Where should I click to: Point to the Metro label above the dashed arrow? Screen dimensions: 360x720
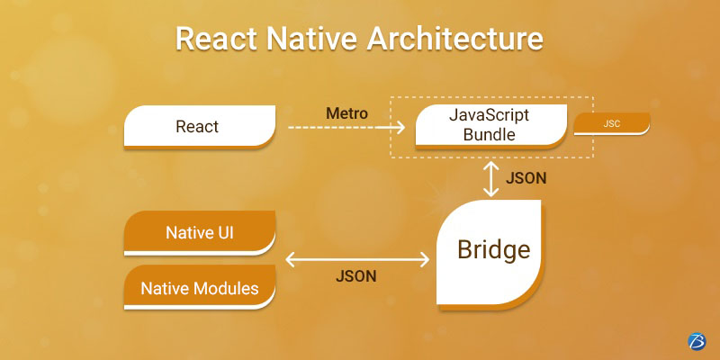click(346, 113)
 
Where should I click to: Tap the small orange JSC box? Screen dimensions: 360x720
click(611, 124)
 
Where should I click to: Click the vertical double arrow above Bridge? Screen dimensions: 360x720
click(490, 178)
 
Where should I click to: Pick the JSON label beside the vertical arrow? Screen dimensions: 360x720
click(526, 178)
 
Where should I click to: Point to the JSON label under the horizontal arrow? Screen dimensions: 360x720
click(357, 276)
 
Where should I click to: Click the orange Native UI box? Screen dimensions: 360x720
click(200, 234)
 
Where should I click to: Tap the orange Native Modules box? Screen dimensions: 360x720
click(200, 289)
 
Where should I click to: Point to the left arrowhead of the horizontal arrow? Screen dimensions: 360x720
click(290, 259)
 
